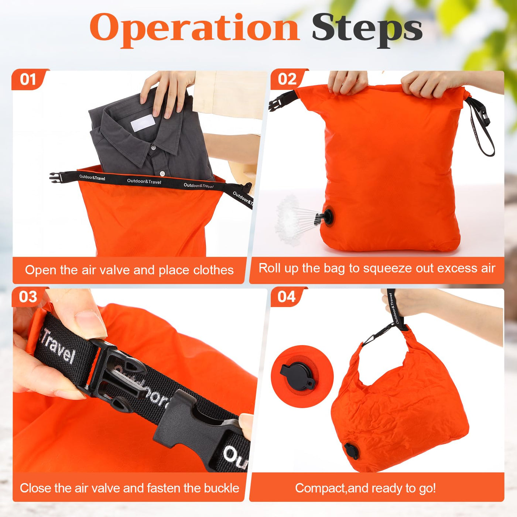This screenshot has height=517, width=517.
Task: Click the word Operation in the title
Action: (x=195, y=31)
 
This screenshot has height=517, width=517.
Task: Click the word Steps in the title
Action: (x=367, y=31)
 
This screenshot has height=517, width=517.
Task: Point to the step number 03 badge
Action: (x=28, y=297)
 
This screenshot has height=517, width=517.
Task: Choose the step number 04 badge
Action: (x=287, y=297)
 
